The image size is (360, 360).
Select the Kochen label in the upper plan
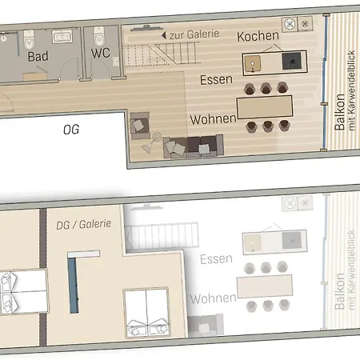pos(258,37)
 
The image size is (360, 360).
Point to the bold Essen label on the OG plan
pos(218,79)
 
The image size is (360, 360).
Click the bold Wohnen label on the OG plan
pos(213,118)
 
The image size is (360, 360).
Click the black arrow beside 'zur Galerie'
pos(164,36)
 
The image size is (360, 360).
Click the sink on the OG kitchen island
pos(256,62)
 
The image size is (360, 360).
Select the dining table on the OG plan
pos(265,106)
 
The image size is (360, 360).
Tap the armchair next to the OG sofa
pos(141,126)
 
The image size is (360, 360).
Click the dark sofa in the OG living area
pos(193,146)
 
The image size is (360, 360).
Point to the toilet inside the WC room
pos(99,37)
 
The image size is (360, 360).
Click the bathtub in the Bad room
pos(62,37)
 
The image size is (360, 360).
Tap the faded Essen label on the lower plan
pos(217,258)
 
